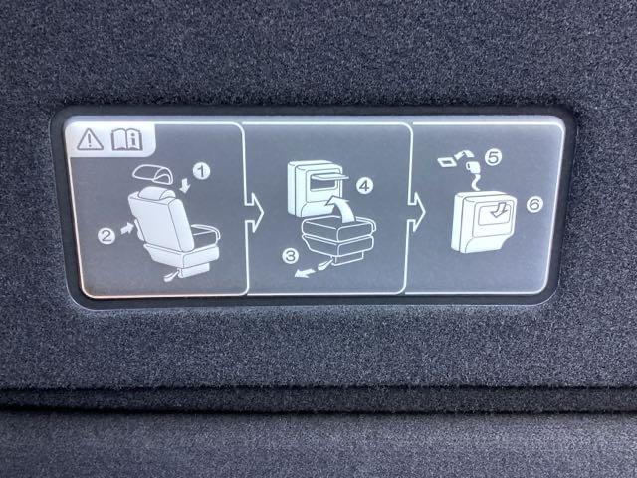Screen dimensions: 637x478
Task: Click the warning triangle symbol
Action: click(90, 139)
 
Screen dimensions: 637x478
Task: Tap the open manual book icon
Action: click(126, 140)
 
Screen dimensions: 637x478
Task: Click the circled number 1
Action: click(201, 171)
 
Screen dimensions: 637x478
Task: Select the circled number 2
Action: click(106, 236)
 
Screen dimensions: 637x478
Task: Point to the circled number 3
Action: click(291, 256)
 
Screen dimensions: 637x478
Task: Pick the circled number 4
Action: click(364, 186)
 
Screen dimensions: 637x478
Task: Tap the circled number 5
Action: click(494, 157)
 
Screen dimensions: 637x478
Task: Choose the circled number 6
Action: click(534, 204)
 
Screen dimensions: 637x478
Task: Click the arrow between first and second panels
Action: click(254, 212)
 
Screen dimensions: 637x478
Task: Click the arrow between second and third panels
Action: click(416, 212)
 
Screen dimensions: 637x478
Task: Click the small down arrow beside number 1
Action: click(185, 185)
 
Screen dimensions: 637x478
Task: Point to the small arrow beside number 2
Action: click(127, 228)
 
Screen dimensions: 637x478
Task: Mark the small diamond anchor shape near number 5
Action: click(447, 162)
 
